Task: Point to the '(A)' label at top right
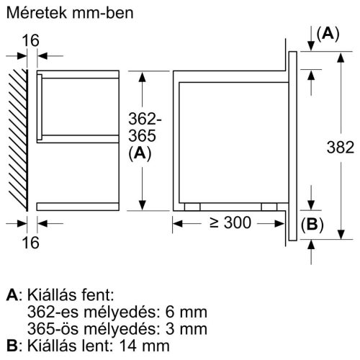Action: [x=328, y=32]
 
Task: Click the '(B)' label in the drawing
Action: [x=310, y=224]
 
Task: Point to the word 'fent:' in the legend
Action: [x=98, y=295]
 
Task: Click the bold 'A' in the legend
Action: [x=11, y=295]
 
